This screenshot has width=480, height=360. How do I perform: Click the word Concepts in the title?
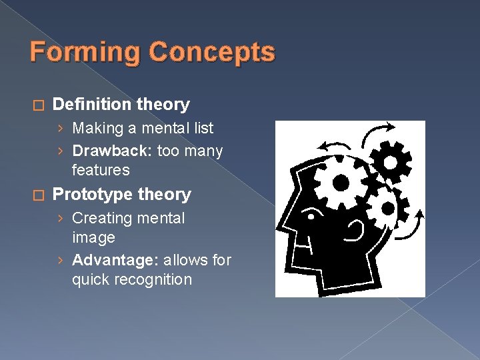[211, 53]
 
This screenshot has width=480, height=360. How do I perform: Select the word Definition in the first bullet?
[91, 105]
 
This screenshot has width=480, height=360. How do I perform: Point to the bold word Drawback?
[113, 151]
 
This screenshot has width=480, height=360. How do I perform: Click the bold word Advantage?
[115, 260]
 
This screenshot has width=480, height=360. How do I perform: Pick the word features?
[101, 171]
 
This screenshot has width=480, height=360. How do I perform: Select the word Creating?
[100, 218]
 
